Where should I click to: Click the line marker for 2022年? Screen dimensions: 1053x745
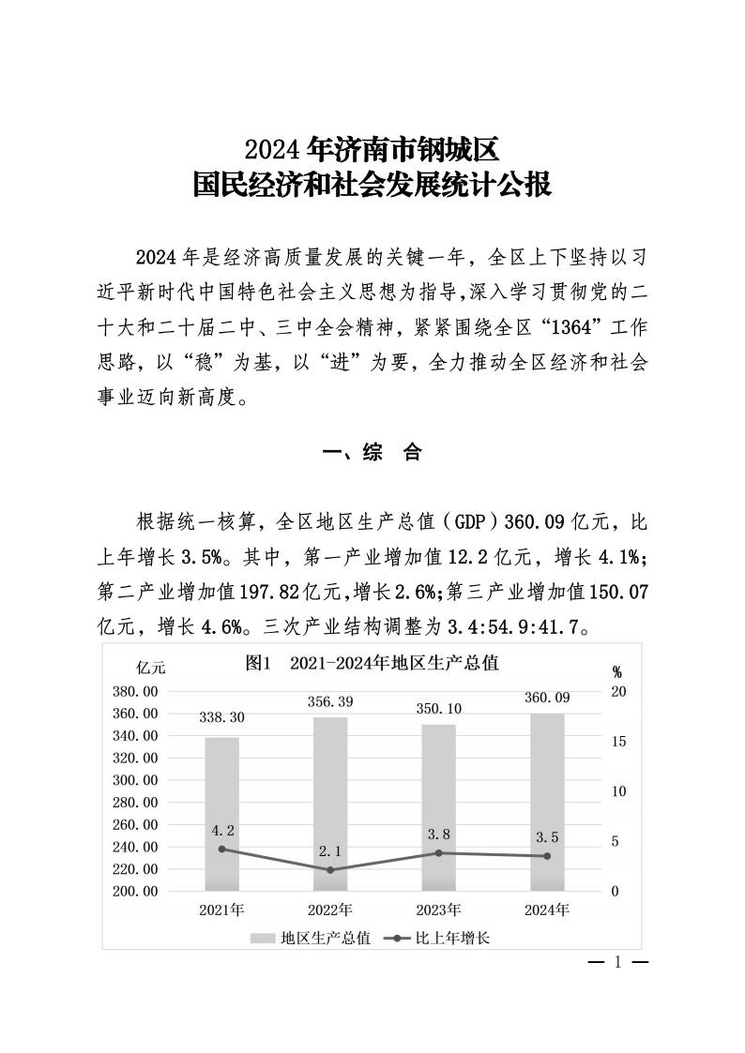(330, 870)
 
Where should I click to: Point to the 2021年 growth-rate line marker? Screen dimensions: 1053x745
(222, 849)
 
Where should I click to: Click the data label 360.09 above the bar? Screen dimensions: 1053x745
(547, 698)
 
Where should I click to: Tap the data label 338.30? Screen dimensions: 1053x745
(222, 717)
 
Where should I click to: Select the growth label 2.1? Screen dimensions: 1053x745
(330, 850)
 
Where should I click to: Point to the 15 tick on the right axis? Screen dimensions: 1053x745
(617, 742)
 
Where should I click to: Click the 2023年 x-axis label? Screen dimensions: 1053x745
(439, 910)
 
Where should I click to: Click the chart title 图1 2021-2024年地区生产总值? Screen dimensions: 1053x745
(371, 663)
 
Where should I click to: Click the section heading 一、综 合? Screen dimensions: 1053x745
(372, 453)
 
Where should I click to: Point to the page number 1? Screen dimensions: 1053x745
(617, 962)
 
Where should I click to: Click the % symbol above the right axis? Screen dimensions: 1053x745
(617, 671)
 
